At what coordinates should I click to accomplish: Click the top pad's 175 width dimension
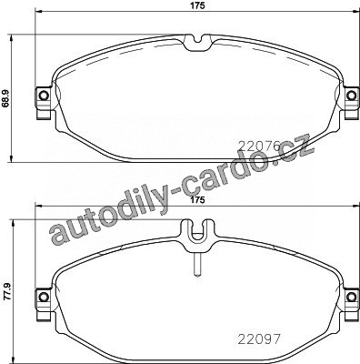(197, 5)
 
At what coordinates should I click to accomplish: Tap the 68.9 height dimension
(5, 100)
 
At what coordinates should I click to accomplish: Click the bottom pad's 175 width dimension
(197, 200)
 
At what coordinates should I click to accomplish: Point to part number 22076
(259, 147)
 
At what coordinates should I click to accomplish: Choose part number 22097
(259, 339)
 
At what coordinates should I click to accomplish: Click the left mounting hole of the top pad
(44, 96)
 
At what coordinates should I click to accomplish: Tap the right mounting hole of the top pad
(351, 96)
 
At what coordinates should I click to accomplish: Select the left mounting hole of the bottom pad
(44, 297)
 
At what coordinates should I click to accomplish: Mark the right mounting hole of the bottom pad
(351, 297)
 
